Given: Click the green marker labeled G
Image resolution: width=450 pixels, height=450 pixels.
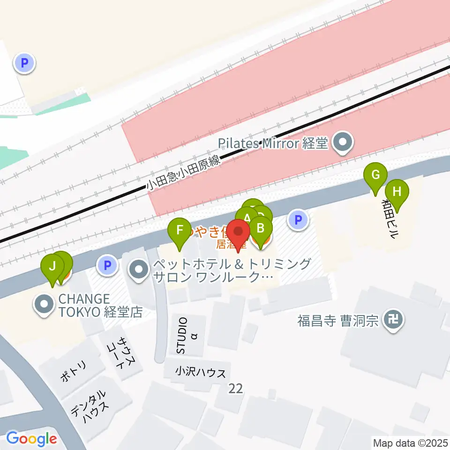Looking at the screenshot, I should (375, 176).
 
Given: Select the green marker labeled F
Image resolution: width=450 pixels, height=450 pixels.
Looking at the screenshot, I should (180, 231).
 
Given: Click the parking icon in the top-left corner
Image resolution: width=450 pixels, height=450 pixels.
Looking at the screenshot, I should (25, 62).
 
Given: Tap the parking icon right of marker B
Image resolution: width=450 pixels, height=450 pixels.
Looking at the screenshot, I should (298, 219).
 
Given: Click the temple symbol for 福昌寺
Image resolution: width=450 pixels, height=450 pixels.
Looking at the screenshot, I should (392, 321).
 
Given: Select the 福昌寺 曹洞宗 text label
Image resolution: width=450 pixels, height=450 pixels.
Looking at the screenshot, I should (337, 321).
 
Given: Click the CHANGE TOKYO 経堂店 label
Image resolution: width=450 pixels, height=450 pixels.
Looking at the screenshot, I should (100, 306).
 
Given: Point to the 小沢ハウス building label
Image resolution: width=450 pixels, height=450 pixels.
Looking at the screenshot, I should (201, 373).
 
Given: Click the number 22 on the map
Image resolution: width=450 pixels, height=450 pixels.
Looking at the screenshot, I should (236, 388).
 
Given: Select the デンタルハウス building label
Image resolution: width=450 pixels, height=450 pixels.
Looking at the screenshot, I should (90, 406).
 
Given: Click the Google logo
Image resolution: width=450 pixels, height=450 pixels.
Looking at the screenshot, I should (31, 439).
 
